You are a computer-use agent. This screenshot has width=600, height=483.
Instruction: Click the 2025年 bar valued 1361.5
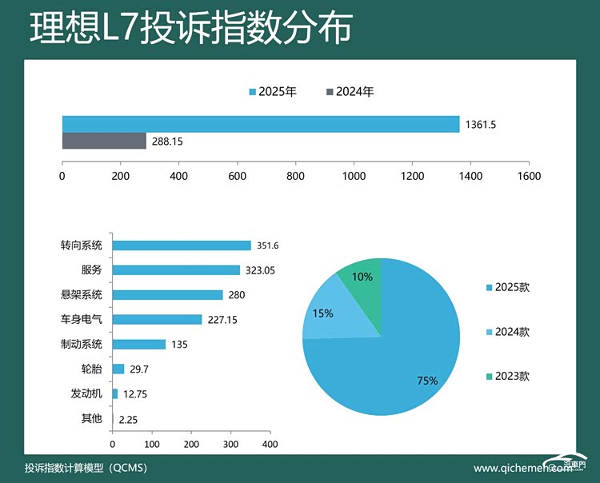click(x=261, y=124)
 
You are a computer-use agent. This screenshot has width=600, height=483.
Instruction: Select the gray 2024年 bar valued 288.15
click(x=104, y=142)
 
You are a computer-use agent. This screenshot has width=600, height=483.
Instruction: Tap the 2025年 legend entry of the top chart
click(x=273, y=92)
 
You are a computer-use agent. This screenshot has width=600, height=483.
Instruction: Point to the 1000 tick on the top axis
click(x=354, y=176)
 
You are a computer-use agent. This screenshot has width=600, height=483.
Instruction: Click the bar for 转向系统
click(x=182, y=246)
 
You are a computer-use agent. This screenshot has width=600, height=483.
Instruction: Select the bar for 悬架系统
click(x=167, y=295)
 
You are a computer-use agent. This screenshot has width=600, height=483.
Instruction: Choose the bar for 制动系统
click(x=138, y=345)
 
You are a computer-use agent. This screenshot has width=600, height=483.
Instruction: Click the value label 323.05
click(x=260, y=270)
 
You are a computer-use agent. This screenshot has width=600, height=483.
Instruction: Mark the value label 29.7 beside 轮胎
click(x=140, y=369)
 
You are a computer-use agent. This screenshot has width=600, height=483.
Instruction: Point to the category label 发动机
click(x=86, y=393)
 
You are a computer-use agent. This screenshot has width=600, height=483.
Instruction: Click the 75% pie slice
click(x=400, y=360)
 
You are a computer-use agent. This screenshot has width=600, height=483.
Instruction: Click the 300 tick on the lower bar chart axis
click(x=230, y=444)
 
